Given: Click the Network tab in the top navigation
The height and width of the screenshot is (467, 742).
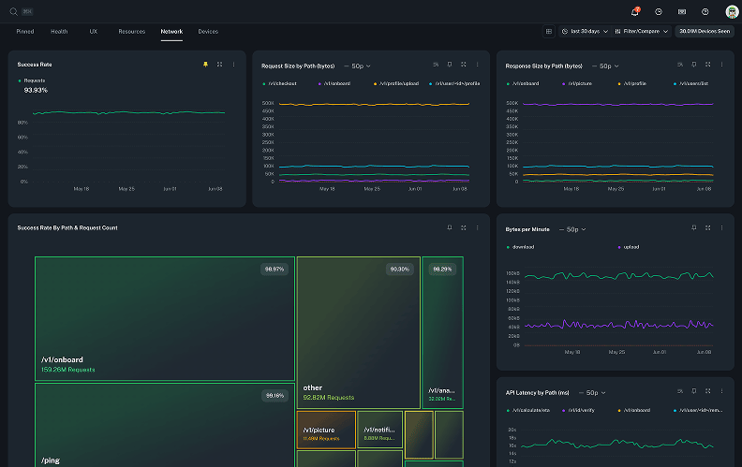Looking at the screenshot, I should [171, 31].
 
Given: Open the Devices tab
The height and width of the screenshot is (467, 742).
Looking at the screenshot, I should [208, 31].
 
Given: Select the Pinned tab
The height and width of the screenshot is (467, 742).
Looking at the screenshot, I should [25, 31].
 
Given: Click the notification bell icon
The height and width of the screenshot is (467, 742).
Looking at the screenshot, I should [635, 11].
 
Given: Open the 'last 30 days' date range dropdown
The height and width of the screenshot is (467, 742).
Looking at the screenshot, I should [586, 31].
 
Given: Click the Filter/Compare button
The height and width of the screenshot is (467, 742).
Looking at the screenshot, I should [642, 31].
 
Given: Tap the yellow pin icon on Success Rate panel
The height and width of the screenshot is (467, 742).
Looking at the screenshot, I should [205, 65].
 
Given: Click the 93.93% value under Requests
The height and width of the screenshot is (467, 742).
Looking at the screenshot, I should [36, 90].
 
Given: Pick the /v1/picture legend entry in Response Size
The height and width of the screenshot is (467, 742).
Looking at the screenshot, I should [581, 83].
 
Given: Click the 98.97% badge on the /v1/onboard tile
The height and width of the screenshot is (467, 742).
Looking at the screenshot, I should [275, 270].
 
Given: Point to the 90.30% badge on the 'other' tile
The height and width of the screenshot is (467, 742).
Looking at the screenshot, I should [399, 270].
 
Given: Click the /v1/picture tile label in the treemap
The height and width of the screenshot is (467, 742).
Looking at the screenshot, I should [319, 430].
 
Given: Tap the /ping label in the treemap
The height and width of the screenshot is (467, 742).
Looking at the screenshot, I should [50, 460].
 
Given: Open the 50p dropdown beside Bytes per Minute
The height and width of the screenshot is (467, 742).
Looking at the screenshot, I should [571, 228].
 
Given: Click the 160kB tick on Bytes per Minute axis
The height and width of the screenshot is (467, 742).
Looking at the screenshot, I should [512, 273].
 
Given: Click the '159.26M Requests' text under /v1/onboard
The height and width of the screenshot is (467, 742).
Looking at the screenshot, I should [68, 370].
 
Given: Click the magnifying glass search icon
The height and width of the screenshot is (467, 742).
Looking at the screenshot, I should [14, 11].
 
